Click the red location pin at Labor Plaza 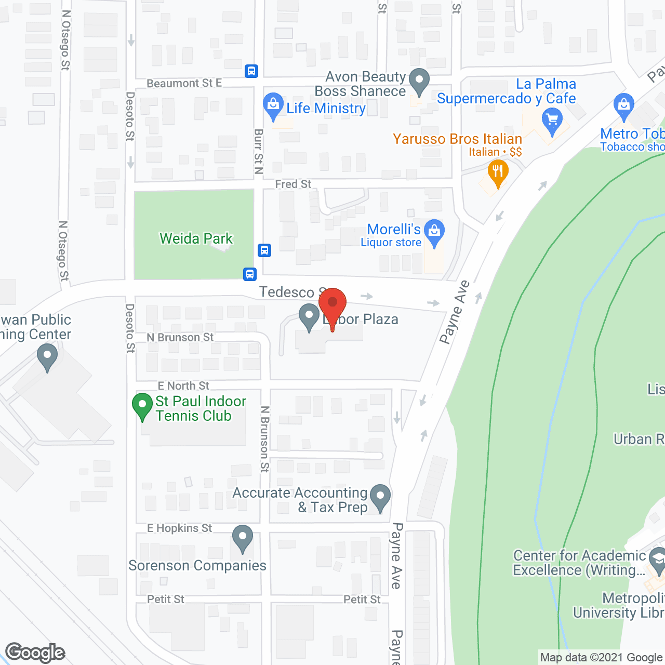pos(332,303)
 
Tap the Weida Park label pos(196,238)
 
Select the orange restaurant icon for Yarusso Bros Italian pos(498,171)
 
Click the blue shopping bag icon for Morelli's pos(434,231)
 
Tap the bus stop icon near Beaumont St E pos(251,71)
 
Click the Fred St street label pos(293,184)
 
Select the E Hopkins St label pos(180,528)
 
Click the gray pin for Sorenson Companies pos(242,537)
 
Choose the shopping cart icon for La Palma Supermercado pos(552,121)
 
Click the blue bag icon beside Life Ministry pos(273,105)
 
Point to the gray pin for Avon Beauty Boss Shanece pos(419,81)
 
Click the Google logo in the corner pos(35,653)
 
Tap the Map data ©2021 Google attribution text pos(601,658)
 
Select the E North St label pos(183,385)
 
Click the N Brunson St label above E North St pos(180,337)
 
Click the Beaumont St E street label pos(184,83)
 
